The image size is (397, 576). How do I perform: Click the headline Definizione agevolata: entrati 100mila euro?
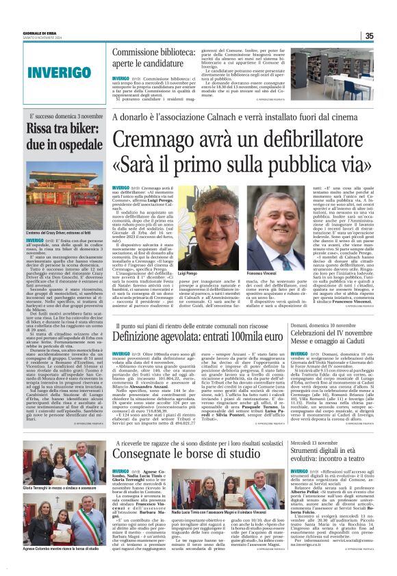pyautogui.click(x=194, y=337)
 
